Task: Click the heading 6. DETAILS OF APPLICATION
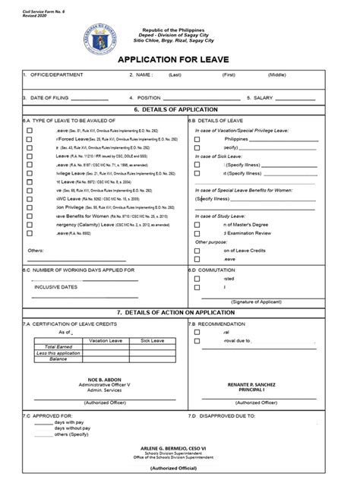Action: (x=179, y=109)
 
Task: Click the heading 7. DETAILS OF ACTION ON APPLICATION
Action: (x=179, y=312)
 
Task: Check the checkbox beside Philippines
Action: (x=197, y=140)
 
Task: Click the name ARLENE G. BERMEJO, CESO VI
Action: (x=180, y=450)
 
